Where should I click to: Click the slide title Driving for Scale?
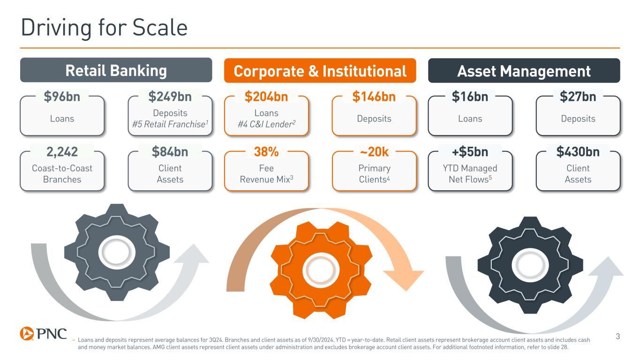104,28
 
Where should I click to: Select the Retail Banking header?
116,70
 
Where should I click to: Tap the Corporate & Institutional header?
320,71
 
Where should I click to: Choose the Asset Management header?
524,71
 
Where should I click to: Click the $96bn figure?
62,97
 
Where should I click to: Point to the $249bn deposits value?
170,97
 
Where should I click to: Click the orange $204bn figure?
266,97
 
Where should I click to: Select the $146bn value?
374,97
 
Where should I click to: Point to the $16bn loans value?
470,97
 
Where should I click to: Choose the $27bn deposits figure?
578,97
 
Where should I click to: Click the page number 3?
617,336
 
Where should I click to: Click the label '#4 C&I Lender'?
266,124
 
